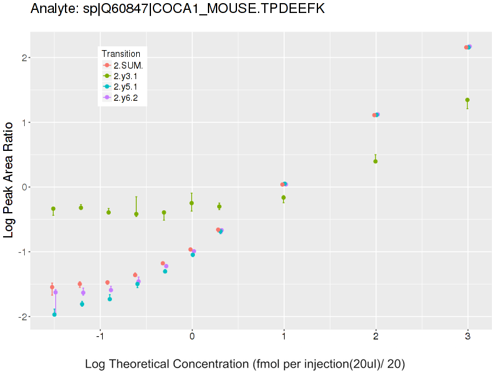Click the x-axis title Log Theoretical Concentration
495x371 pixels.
coord(245,364)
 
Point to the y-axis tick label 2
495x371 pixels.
coord(22,58)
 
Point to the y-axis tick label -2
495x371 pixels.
coord(20,317)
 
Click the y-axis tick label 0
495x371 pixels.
coord(22,187)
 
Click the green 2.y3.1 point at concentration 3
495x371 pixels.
coord(467,100)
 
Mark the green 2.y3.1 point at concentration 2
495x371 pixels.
coord(376,161)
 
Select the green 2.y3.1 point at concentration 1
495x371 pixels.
coord(283,198)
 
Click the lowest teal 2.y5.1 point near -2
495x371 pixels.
coord(54,315)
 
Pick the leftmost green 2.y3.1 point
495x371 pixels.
coord(53,209)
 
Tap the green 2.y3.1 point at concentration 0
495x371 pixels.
coord(192,203)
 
